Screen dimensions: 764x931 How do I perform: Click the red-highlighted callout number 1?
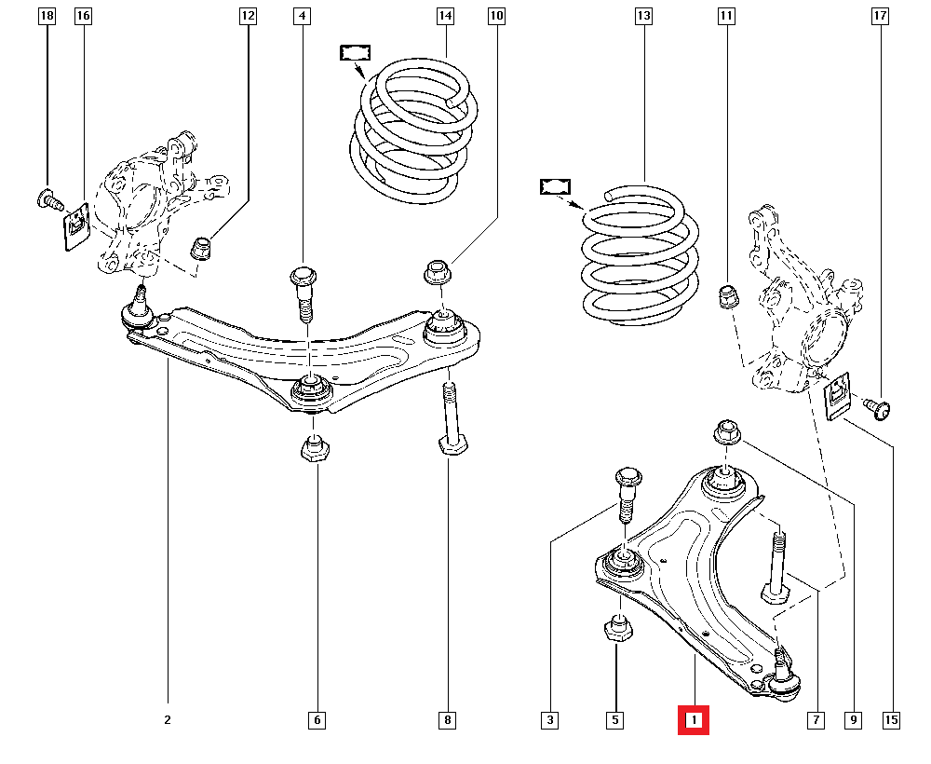tap(694, 720)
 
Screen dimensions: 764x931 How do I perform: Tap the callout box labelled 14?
tap(445, 16)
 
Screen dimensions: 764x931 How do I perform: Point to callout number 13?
tap(643, 16)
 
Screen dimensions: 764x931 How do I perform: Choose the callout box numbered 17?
tap(880, 16)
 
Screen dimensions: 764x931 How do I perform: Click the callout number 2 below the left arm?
tap(168, 720)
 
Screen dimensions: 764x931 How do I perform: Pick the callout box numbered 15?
tap(892, 720)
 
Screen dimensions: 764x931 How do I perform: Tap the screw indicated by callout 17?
tap(876, 406)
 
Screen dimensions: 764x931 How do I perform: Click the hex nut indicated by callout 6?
tap(316, 448)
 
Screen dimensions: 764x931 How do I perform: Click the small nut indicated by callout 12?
tap(201, 249)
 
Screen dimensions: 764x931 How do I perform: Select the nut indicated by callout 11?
tap(728, 297)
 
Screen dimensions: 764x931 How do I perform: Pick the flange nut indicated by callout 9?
tap(727, 433)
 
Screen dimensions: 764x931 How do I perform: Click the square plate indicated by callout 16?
tap(75, 226)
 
